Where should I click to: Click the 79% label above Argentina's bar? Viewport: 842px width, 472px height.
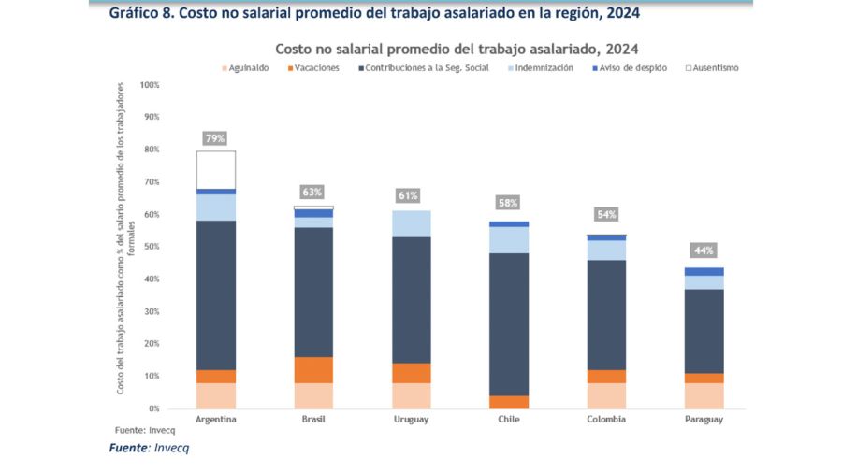coord(216,138)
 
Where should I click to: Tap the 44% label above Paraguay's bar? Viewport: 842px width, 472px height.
coord(704,250)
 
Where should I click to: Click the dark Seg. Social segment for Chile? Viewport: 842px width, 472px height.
coord(508,323)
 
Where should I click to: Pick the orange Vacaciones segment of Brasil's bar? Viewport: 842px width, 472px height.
coord(313,369)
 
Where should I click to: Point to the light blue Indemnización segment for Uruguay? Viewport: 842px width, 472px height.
coord(411,223)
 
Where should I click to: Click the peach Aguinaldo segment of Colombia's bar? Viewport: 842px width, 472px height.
coord(606,395)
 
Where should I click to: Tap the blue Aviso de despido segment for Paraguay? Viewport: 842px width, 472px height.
coord(704,271)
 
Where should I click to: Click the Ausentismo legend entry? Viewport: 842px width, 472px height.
coord(714,68)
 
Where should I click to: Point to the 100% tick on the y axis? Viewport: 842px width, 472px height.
coord(150,85)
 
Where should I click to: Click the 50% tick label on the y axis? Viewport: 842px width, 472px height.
coord(152,247)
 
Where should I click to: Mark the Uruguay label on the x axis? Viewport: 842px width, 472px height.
coord(411,419)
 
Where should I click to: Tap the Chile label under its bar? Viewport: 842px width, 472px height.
coord(508,419)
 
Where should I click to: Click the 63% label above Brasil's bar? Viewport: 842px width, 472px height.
coord(313,193)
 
